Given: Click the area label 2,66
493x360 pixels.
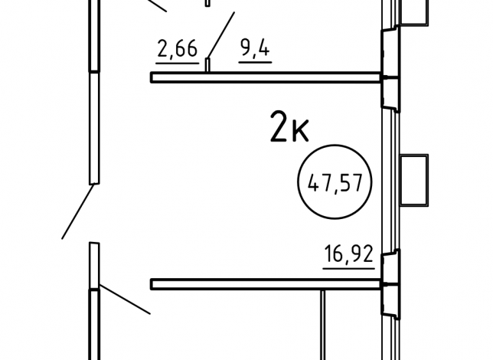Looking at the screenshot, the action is pyautogui.click(x=178, y=49).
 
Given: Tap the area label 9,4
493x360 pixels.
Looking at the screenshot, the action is pyautogui.click(x=255, y=48).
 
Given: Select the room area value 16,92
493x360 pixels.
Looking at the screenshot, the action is pyautogui.click(x=348, y=254).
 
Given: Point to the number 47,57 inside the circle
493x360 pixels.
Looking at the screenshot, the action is pyautogui.click(x=335, y=183).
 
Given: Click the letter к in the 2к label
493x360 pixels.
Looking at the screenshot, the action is pyautogui.click(x=300, y=131).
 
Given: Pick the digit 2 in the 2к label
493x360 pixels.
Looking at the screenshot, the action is pyautogui.click(x=279, y=126).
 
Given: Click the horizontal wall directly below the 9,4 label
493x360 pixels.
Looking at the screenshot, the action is pyautogui.click(x=266, y=77).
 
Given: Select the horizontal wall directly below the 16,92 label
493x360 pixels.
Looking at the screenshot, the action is pyautogui.click(x=266, y=284).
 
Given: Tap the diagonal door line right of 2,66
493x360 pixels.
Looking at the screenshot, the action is pyautogui.click(x=221, y=35).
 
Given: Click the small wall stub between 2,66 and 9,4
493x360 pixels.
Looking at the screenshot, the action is pyautogui.click(x=207, y=65).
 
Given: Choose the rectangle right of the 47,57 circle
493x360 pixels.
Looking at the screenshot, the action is pyautogui.click(x=414, y=180).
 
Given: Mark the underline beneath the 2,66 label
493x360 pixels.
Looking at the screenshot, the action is pyautogui.click(x=178, y=64).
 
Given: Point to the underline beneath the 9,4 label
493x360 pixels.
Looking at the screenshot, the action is pyautogui.click(x=255, y=62).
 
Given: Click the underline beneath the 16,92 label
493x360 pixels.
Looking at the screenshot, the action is pyautogui.click(x=348, y=268).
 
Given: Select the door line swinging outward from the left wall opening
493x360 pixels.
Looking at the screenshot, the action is pyautogui.click(x=77, y=211).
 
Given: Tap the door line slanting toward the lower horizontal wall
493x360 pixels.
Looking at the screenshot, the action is pyautogui.click(x=125, y=299).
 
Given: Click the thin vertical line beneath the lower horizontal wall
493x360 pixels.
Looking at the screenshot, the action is pyautogui.click(x=323, y=325).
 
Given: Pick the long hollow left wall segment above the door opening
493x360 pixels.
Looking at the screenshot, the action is pyautogui.click(x=94, y=128).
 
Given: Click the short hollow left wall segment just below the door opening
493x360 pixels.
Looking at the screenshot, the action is pyautogui.click(x=94, y=265).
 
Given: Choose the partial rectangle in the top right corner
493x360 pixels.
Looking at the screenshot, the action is pyautogui.click(x=414, y=12).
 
